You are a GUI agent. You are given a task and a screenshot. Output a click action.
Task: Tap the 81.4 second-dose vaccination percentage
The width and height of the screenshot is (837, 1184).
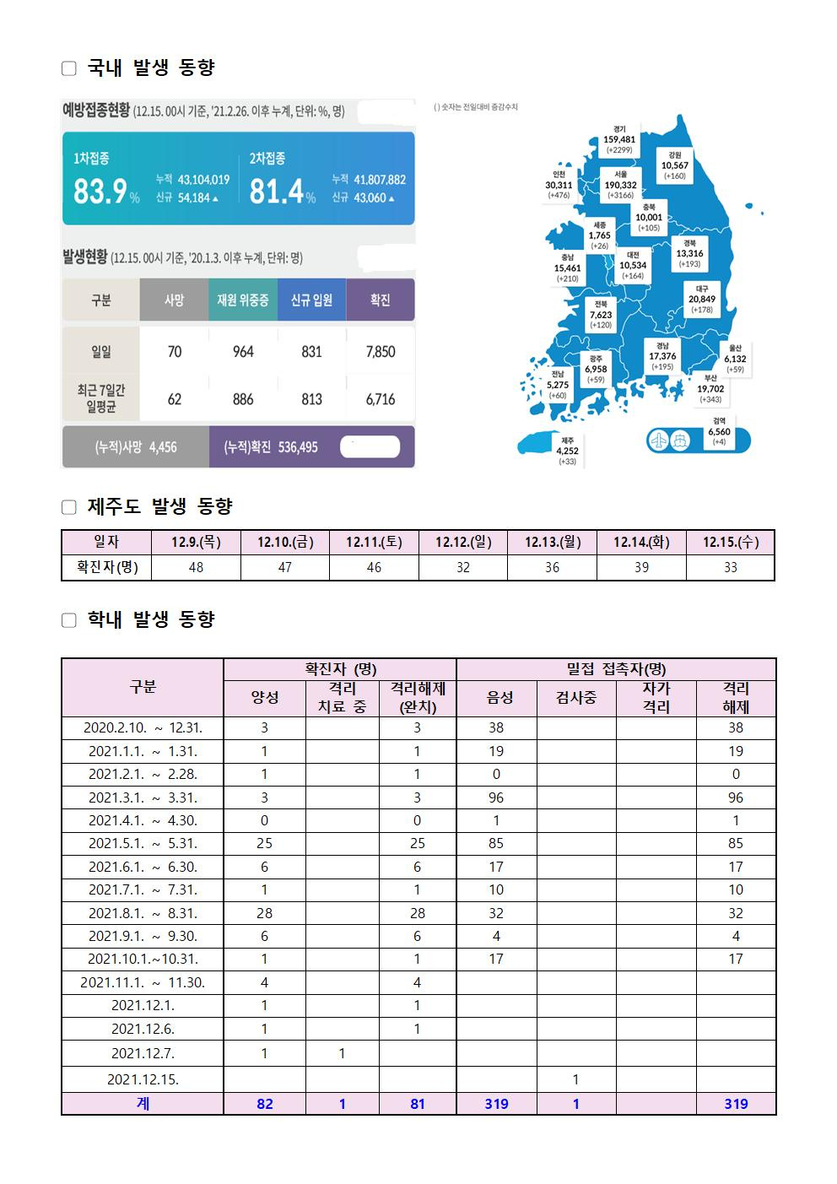click(277, 192)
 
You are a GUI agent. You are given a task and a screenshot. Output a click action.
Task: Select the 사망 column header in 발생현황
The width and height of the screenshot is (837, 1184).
click(174, 300)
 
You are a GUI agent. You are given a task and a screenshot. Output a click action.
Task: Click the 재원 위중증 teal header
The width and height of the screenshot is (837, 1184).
click(243, 300)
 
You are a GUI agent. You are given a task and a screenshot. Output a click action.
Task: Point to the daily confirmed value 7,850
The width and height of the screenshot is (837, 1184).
click(381, 352)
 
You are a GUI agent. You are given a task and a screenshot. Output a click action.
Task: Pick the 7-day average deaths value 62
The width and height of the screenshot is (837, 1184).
click(174, 399)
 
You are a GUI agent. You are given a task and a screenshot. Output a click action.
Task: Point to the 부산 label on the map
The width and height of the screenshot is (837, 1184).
click(710, 388)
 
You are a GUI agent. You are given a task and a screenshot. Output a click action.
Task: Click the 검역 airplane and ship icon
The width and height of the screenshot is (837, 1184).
click(669, 440)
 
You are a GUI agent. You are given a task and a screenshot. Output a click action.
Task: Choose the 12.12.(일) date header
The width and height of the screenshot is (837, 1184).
click(463, 543)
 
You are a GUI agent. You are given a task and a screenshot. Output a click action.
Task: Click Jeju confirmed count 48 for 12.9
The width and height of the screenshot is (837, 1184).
click(196, 568)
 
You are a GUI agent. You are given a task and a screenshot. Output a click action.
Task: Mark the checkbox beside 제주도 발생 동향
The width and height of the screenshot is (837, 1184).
click(69, 507)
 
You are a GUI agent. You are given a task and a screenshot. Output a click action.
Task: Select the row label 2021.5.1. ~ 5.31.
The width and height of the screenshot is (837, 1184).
click(142, 843)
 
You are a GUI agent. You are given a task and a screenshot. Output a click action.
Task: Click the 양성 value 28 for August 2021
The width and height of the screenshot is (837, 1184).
click(264, 912)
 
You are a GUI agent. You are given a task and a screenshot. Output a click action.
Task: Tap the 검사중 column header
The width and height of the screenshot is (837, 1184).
click(576, 698)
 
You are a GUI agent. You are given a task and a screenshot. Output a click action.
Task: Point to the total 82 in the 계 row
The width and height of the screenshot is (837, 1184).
click(264, 1104)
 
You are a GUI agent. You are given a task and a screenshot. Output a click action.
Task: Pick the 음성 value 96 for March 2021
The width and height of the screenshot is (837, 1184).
click(496, 797)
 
